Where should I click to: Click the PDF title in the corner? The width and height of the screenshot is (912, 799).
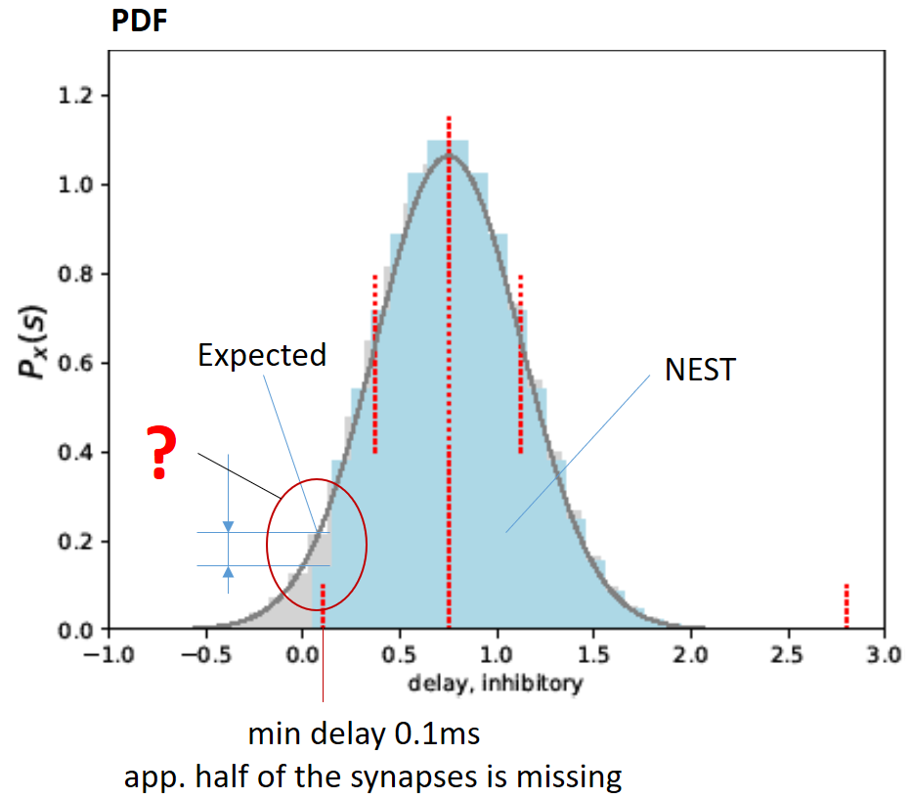[x=139, y=22]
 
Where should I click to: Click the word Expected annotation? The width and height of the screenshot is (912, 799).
[x=262, y=355]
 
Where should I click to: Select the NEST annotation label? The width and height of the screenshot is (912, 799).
[x=699, y=370]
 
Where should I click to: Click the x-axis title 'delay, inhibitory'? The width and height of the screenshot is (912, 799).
[x=497, y=683]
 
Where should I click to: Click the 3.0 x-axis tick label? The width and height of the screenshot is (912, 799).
[x=886, y=652]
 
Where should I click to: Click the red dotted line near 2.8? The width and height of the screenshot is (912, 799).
[x=847, y=605]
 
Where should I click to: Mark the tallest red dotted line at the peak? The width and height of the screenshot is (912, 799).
[x=449, y=372]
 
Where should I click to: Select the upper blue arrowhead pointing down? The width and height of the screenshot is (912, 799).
[x=228, y=526]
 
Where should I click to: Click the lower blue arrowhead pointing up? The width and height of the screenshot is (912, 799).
[x=228, y=572]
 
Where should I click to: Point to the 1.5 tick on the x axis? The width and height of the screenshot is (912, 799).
[x=594, y=652]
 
